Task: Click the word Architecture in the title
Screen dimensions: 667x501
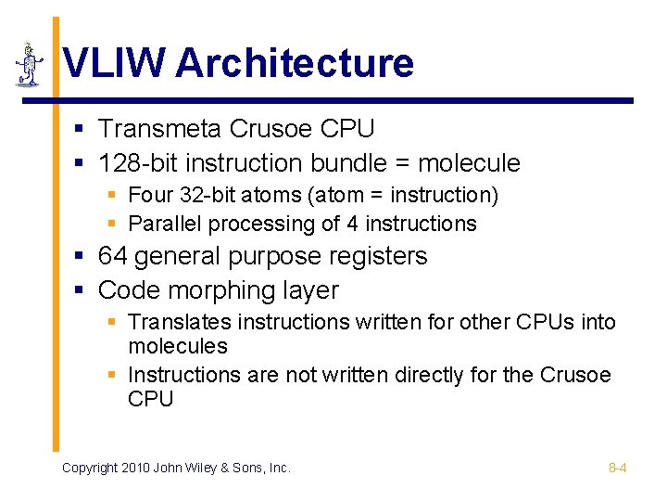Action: tap(295, 64)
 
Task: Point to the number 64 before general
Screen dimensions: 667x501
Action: tap(112, 255)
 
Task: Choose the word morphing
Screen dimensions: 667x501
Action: tap(221, 290)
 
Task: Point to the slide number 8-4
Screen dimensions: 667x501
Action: tap(617, 468)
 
